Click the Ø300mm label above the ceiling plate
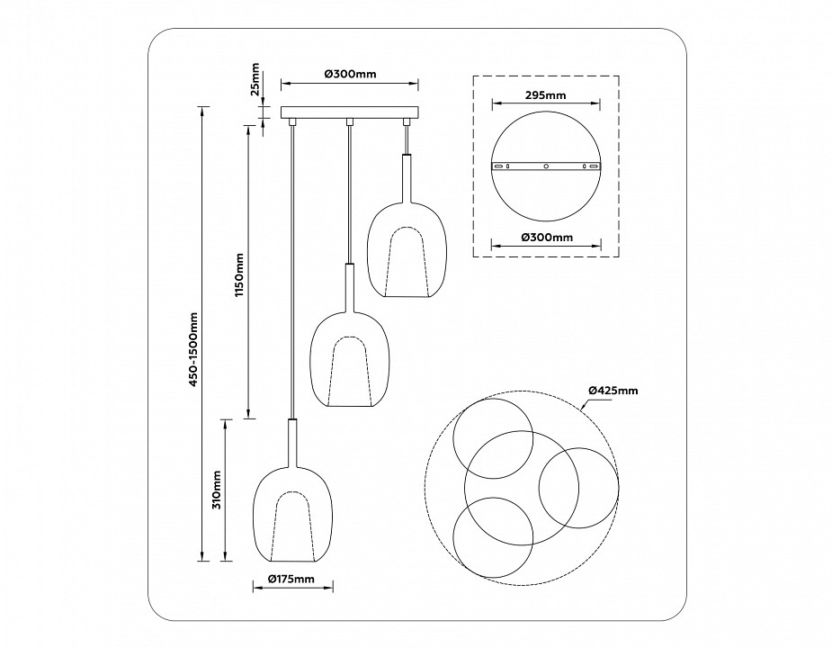coord(349,74)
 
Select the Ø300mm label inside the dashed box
coord(546,238)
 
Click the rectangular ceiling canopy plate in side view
coord(349,113)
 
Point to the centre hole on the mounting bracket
coord(546,166)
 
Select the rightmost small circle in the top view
coord(578,487)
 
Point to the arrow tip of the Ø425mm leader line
coord(584,408)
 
